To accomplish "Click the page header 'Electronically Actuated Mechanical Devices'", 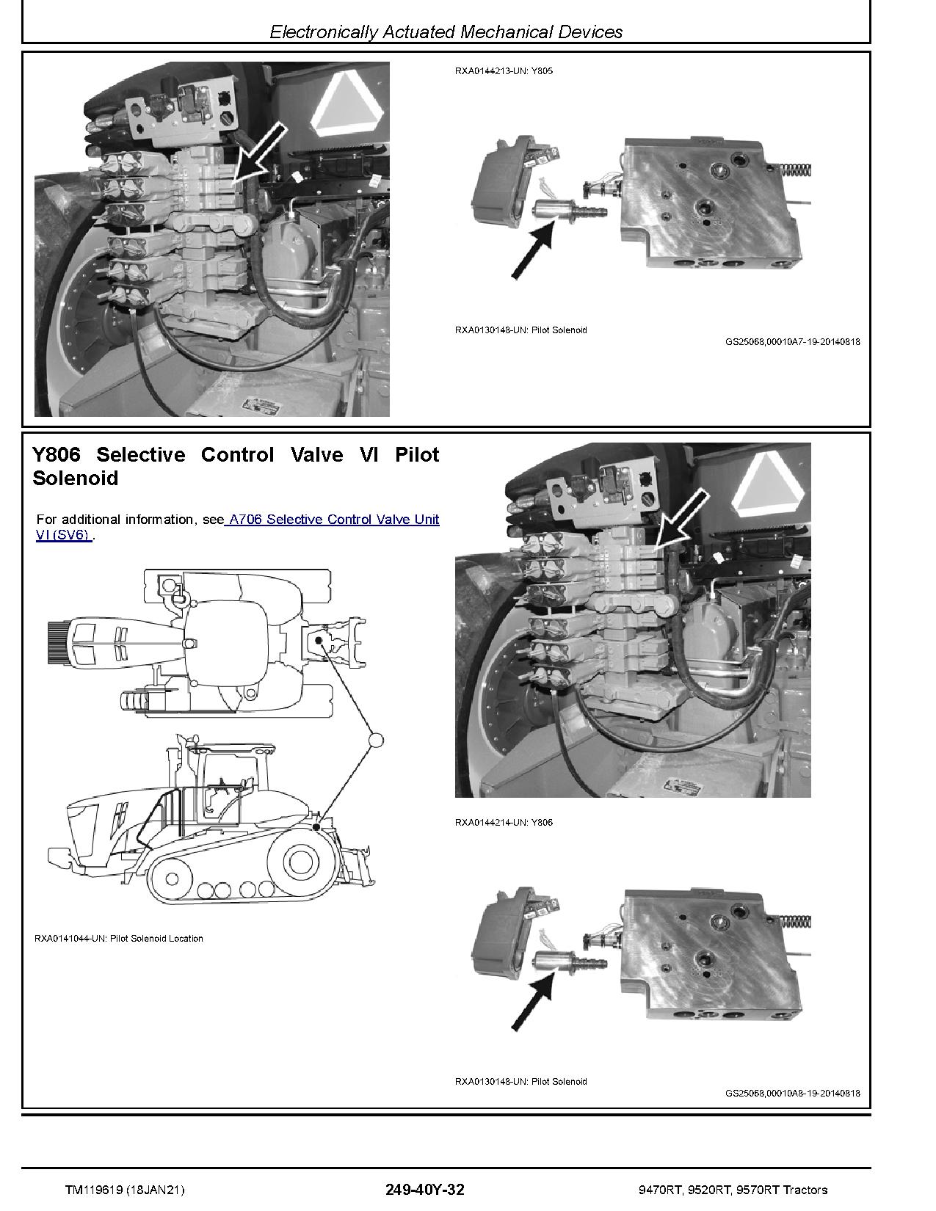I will point(446,32).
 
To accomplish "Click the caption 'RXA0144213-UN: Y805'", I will point(504,71).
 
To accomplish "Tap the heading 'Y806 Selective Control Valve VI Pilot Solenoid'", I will point(236,466).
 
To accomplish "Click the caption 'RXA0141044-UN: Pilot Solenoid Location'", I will point(119,938).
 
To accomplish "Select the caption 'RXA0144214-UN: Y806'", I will point(504,822).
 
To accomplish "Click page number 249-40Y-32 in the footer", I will point(424,1190).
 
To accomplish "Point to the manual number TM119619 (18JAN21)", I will point(125,1190).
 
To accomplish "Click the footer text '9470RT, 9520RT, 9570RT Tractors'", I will point(733,1190).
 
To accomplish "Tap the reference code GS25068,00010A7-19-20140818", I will point(792,341).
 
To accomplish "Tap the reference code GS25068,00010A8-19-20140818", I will point(792,1093).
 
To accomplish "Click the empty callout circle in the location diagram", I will point(375,740).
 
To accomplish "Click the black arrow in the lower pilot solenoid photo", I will point(532,1003).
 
